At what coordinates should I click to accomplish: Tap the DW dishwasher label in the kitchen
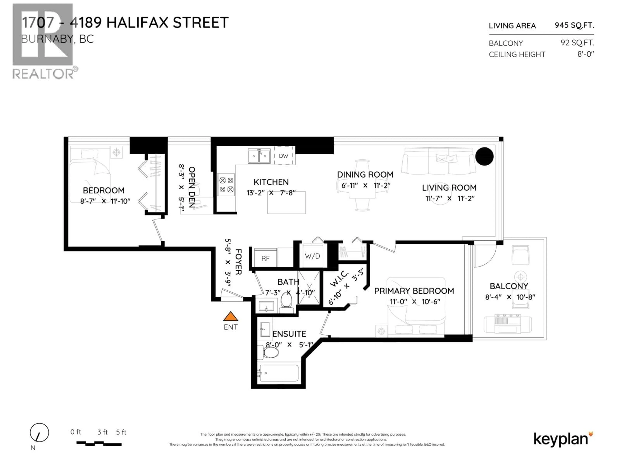pyautogui.click(x=283, y=156)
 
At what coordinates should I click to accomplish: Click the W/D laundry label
pyautogui.click(x=312, y=256)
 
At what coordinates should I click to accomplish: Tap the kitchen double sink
pyautogui.click(x=259, y=156)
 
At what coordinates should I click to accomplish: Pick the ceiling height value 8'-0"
pyautogui.click(x=585, y=54)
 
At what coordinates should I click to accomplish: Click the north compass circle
pyautogui.click(x=40, y=433)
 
